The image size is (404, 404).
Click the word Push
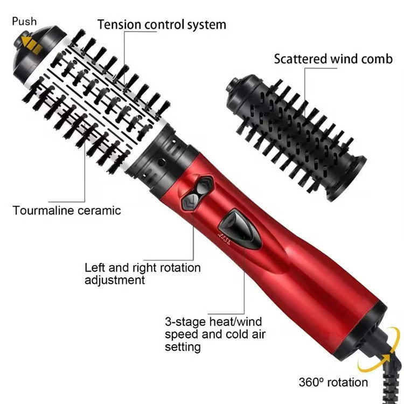[24, 22]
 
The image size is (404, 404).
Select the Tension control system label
[162, 24]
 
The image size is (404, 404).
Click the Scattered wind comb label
[333, 59]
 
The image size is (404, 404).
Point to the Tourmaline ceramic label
[67, 210]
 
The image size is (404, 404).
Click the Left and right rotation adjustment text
[142, 274]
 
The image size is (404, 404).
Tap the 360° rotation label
[333, 382]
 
